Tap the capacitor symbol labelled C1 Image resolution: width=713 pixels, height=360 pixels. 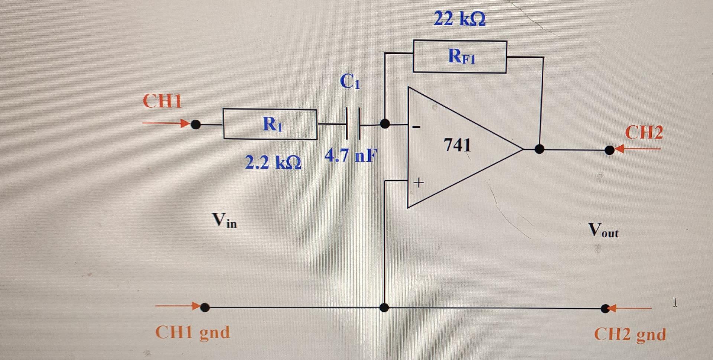[353, 124]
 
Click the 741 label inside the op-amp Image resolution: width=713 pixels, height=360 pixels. [457, 145]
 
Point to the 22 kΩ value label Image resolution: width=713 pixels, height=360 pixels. [460, 18]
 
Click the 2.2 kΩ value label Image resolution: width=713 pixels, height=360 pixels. [273, 162]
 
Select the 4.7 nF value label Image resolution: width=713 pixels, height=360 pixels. [351, 155]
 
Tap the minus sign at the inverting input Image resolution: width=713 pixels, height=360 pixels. [416, 127]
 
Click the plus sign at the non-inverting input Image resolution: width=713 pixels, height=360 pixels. [419, 182]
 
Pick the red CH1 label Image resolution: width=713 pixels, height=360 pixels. [162, 101]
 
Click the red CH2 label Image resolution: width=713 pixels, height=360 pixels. [644, 132]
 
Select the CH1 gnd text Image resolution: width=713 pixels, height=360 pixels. [192, 333]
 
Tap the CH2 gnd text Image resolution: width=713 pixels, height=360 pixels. [630, 334]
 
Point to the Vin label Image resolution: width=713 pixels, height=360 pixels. [224, 220]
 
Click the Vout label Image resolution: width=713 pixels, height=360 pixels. [603, 230]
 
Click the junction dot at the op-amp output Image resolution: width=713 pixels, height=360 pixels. [539, 149]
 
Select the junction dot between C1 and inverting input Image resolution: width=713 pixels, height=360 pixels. [385, 123]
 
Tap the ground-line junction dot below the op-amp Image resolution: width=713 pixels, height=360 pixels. [384, 308]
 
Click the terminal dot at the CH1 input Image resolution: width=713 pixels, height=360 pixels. [196, 124]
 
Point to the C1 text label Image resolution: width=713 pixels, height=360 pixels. [350, 81]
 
